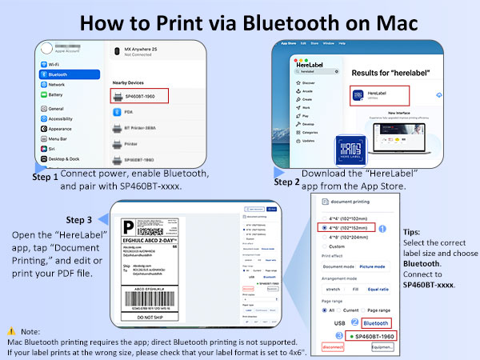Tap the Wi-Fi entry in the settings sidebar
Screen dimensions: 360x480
54,63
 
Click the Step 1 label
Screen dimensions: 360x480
45,178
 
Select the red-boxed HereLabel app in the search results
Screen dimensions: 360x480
378,95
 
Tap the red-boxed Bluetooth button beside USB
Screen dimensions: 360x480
375,323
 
